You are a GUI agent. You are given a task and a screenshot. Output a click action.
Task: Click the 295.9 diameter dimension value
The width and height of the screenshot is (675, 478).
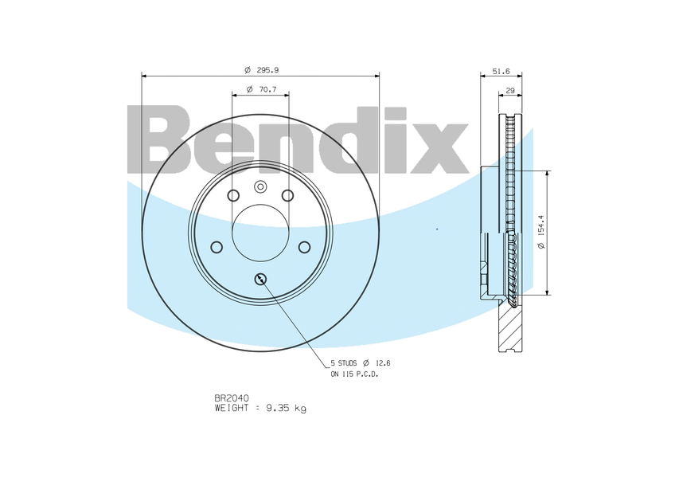click(x=267, y=69)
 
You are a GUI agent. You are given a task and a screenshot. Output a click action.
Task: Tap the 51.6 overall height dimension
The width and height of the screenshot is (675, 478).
click(x=501, y=71)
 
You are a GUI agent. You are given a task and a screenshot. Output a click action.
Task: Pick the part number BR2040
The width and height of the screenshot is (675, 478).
click(x=231, y=398)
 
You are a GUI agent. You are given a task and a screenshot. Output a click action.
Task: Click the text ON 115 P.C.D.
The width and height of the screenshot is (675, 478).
click(x=354, y=374)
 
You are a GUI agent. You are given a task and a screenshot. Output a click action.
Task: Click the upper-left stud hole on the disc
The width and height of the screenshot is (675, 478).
click(x=233, y=196)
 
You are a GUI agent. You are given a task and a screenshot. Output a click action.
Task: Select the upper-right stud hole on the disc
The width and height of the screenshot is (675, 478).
click(x=288, y=196)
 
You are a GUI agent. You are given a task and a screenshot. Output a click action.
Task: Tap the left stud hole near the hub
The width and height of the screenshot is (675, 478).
click(x=217, y=247)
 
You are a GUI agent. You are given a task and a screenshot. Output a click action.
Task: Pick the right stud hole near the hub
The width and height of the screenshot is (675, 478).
click(x=304, y=247)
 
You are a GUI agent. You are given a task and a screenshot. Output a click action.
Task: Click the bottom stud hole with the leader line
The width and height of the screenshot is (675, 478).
click(x=260, y=279)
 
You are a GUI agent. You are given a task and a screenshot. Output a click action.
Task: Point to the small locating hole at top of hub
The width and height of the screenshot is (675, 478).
click(x=260, y=186)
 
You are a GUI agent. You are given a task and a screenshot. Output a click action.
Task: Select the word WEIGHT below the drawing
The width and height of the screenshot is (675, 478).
click(x=233, y=408)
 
